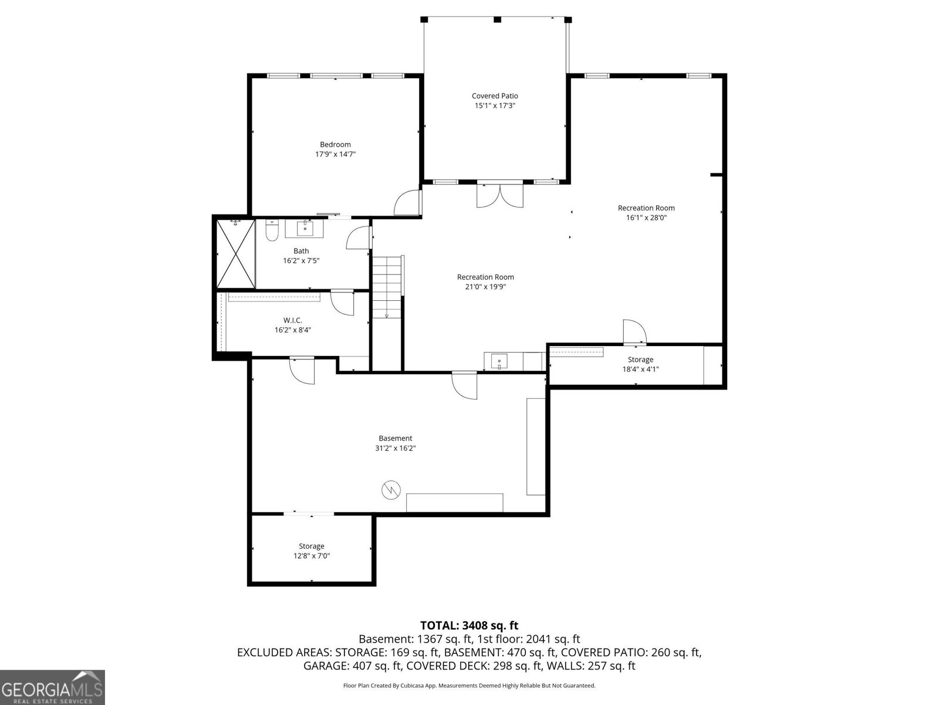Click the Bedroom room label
[x=335, y=145]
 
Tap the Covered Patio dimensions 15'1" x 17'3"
[x=495, y=106]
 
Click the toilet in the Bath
[x=271, y=231]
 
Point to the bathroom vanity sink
[x=305, y=228]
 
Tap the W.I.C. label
[x=292, y=320]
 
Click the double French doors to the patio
[x=499, y=196]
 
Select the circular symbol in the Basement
[x=390, y=489]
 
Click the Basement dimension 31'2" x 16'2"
[x=395, y=448]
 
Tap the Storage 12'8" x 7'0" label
[x=312, y=551]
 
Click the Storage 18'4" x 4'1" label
[x=640, y=364]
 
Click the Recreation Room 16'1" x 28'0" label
[x=646, y=213]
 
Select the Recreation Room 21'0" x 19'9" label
[x=485, y=282]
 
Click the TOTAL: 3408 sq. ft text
[x=469, y=626]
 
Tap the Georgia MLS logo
[x=52, y=687]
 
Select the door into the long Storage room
[x=634, y=332]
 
